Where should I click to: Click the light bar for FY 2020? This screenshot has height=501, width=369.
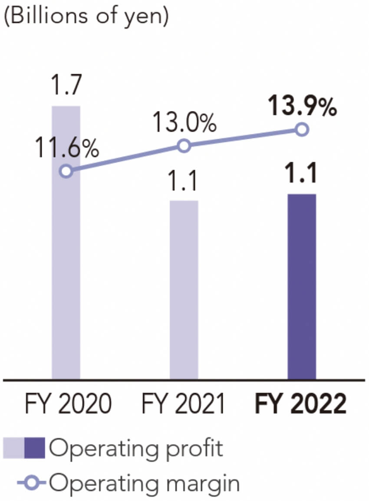coord(66,269)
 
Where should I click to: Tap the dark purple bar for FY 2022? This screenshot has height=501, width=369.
coord(302,286)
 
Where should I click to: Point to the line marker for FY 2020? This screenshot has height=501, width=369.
coord(66,171)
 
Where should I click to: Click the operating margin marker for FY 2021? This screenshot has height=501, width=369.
coord(184,146)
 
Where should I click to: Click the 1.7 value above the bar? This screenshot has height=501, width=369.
coord(66,86)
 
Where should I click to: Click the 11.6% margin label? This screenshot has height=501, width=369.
coord(66,149)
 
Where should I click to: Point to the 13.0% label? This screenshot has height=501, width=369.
coord(184,124)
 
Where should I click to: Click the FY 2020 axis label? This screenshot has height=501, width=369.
coord(66,404)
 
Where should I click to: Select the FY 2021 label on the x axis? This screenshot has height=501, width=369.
coord(184,404)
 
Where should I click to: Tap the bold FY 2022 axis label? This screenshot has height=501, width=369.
coord(301,404)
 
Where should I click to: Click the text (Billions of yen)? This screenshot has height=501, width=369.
coord(85,17)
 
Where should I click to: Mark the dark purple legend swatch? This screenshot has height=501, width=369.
coord(35,448)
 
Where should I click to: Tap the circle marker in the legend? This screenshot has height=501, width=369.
coord(34,482)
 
